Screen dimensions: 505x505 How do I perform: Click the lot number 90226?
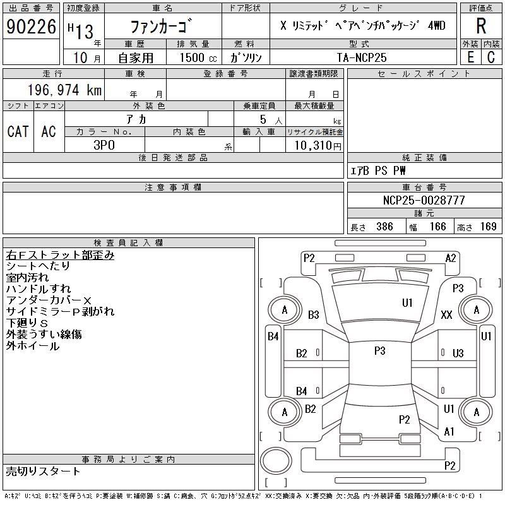tap(31, 27)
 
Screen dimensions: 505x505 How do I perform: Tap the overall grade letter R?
tap(481, 26)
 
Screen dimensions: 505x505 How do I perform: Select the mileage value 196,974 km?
tap(64, 90)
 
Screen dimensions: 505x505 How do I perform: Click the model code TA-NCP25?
tap(362, 57)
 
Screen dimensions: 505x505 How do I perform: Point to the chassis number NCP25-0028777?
tap(424, 200)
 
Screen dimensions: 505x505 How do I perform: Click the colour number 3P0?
tap(104, 145)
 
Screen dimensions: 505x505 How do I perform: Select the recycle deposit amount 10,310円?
tap(318, 145)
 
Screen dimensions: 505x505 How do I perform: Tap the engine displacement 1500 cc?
tap(198, 57)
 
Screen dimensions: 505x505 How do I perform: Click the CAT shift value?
tap(18, 131)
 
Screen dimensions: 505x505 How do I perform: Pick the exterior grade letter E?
tap(470, 57)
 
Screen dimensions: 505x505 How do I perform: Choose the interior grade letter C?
tap(491, 57)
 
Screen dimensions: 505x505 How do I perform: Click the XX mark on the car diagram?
tap(446, 314)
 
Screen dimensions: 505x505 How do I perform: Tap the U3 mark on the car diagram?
tap(458, 353)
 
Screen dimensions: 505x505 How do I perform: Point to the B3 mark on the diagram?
tap(313, 314)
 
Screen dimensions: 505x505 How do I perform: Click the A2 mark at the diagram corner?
tap(451, 258)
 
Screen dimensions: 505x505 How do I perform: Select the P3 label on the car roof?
tap(380, 350)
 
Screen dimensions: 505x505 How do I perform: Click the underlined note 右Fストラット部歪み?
tap(60, 255)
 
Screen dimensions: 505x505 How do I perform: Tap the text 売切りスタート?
tap(43, 471)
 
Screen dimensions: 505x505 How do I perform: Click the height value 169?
tap(488, 227)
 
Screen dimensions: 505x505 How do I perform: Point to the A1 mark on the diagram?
tap(449, 432)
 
